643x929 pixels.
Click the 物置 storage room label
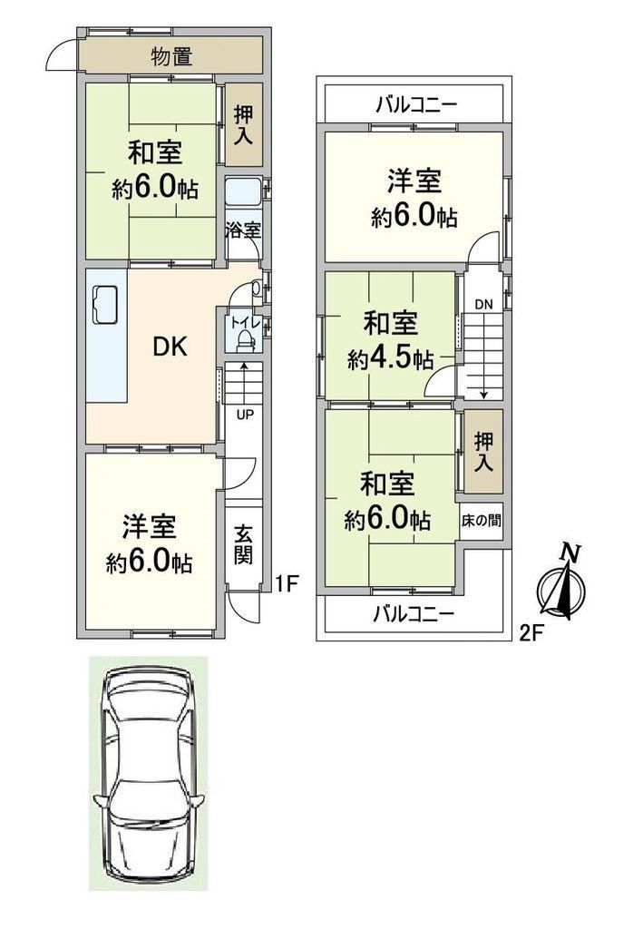[x=171, y=57]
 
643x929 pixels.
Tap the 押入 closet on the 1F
[x=243, y=125]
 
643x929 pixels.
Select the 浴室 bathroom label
[x=243, y=230]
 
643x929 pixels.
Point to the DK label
[x=170, y=347]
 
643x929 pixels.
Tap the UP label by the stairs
[x=245, y=415]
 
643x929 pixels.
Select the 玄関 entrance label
[x=243, y=544]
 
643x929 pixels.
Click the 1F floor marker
[x=285, y=584]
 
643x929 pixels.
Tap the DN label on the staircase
[x=483, y=305]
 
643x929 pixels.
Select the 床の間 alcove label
[x=482, y=521]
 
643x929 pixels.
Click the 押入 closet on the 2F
[x=483, y=451]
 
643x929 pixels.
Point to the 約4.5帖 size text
[x=391, y=359]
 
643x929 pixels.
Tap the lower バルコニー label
[x=414, y=614]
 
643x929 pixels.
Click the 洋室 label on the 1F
[x=150, y=526]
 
